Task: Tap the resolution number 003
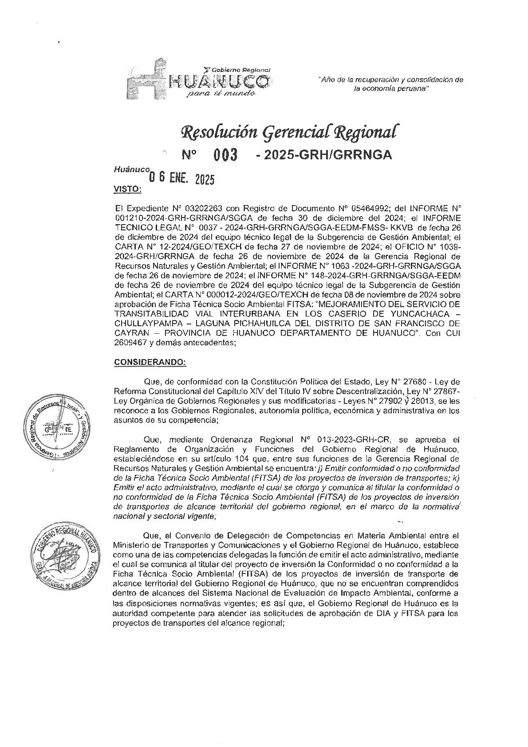(x=225, y=155)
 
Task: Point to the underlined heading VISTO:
(x=128, y=189)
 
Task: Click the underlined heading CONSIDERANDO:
(x=150, y=362)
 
